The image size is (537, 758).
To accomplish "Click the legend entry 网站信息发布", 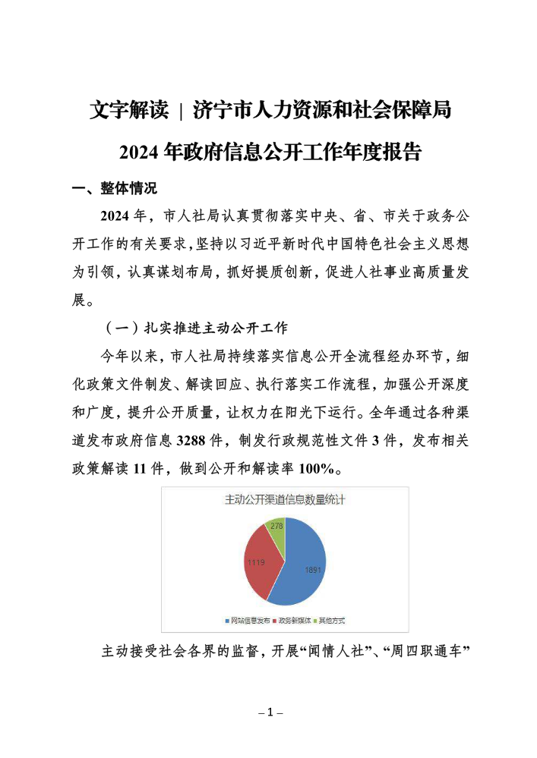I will (x=245, y=621).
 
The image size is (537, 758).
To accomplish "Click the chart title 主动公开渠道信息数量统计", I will (x=285, y=499).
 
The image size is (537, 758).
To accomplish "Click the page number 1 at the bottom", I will (x=269, y=712).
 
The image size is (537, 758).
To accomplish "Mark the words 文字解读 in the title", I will (x=128, y=111).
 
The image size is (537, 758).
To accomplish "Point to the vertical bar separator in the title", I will (x=181, y=111).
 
